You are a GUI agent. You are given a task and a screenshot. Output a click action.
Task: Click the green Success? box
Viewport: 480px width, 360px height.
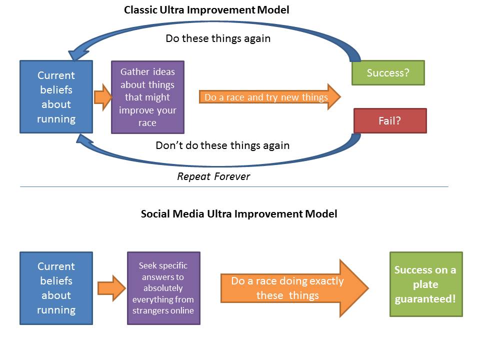coord(388,73)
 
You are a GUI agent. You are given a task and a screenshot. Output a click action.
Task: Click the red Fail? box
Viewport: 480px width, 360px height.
coord(390,121)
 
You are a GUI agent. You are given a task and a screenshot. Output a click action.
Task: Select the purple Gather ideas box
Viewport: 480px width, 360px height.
coord(147,97)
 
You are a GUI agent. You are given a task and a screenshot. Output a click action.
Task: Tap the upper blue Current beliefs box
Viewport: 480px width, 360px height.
coord(56,97)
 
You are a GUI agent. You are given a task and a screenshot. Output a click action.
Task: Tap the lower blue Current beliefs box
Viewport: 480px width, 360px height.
coord(56,288)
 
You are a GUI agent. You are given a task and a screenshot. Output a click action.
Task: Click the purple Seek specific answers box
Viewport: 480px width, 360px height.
coord(163,288)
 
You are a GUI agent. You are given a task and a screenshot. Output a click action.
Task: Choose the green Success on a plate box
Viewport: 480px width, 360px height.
coord(426,284)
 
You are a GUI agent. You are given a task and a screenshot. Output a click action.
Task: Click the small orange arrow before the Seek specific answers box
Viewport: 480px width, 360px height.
coord(111,288)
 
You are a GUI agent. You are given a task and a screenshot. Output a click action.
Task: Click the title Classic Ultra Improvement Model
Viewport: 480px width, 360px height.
coord(206,10)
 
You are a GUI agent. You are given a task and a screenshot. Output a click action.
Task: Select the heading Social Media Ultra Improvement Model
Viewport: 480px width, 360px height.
coord(239,214)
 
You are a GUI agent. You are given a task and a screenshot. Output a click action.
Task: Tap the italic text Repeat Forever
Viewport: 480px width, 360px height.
coord(213,176)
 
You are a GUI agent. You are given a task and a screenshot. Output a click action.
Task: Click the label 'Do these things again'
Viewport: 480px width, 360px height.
coord(218,38)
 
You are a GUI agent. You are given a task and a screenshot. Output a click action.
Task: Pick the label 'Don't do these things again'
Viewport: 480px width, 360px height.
coord(222,145)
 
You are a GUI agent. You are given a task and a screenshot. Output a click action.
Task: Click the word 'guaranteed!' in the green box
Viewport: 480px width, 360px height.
coord(425,299)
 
